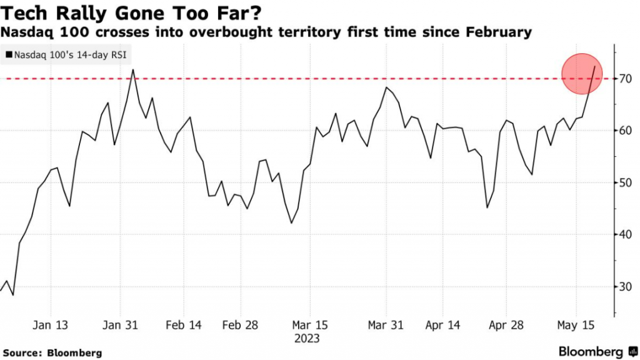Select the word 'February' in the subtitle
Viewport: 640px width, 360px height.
tap(500, 31)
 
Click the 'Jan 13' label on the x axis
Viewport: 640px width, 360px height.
tap(51, 326)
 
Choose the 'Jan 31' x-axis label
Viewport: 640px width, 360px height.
tap(119, 326)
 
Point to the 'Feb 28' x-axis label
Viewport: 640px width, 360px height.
tap(240, 326)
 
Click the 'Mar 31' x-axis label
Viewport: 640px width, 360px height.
tap(386, 326)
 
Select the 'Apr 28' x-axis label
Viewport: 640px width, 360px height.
tap(506, 326)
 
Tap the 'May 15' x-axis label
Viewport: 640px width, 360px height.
tap(574, 326)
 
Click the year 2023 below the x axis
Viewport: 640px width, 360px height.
tap(306, 338)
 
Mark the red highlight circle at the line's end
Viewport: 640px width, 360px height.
tap(581, 74)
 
